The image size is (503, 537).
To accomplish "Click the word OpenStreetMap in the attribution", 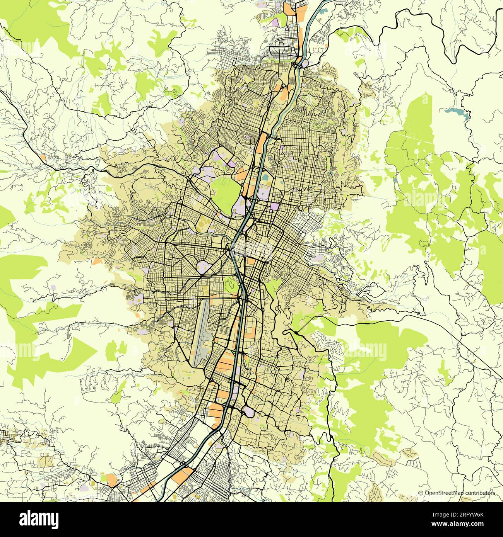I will [x=444, y=493].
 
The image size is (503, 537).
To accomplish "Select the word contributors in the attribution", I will [x=480, y=493].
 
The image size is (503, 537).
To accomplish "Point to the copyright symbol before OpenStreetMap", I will [x=421, y=493].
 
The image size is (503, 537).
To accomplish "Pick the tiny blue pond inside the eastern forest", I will [x=395, y=180].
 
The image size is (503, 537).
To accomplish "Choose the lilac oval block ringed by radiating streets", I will [x=204, y=266].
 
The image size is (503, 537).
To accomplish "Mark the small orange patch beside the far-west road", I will [x=42, y=158].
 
